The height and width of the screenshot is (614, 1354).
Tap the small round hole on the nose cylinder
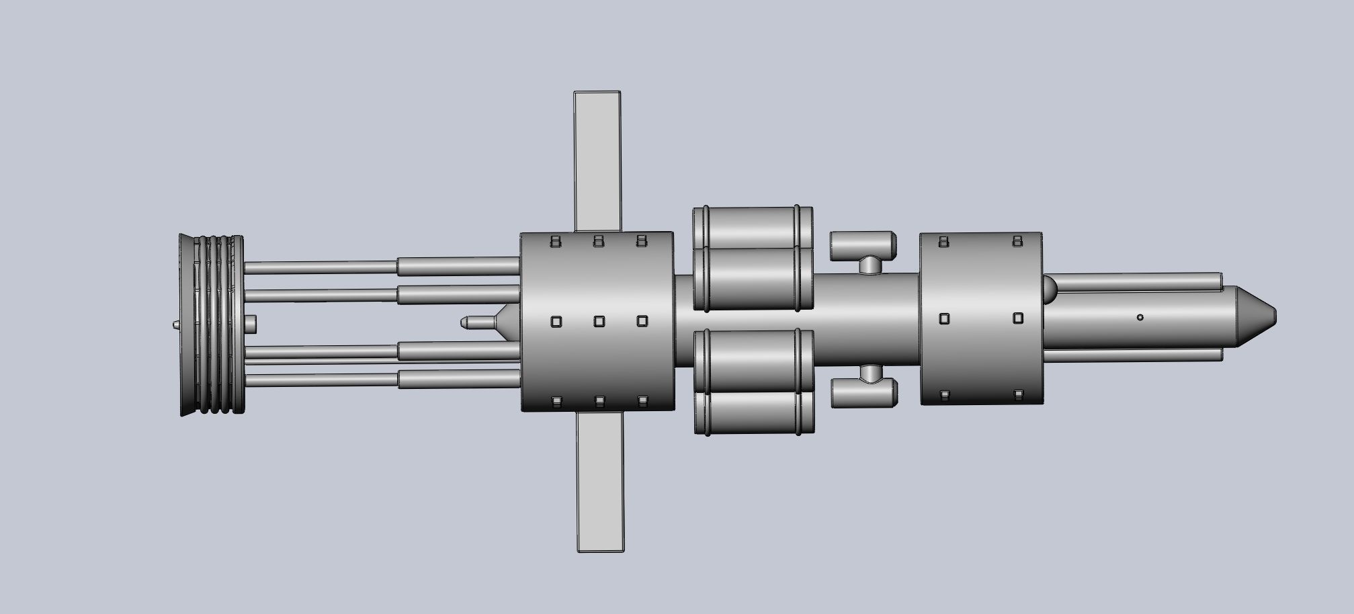pos(1140,317)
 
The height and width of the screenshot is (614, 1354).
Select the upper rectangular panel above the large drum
pos(597,161)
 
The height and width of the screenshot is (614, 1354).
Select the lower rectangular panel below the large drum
pos(599,480)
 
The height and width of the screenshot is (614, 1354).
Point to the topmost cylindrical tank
pos(753,226)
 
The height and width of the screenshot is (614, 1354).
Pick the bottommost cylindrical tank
pos(754,412)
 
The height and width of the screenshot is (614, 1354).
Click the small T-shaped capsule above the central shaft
pos(863,246)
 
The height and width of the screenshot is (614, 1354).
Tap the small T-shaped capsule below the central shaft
pos(865,393)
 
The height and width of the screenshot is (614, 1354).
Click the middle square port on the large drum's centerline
pos(599,322)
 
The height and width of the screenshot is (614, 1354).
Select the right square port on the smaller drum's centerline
pos(1018,318)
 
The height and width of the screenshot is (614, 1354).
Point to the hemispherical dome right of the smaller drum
pos(1050,289)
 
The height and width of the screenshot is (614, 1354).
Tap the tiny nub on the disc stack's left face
pos(175,324)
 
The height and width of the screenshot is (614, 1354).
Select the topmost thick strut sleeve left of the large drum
pos(458,266)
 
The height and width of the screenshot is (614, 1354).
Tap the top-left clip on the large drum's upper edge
pos(555,240)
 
